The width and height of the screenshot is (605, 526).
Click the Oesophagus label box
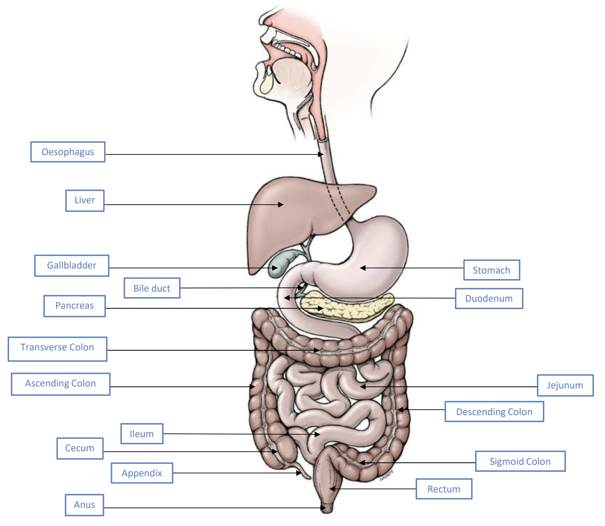(68, 152)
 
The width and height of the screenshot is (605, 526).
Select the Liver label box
(85, 201)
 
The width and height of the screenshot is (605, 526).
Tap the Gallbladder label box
(72, 266)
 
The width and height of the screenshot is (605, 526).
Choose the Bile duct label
(152, 288)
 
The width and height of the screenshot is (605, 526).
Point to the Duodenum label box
(489, 299)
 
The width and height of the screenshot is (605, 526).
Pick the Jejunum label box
(565, 385)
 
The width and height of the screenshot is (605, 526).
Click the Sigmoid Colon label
(520, 461)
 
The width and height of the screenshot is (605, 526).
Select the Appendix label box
(142, 473)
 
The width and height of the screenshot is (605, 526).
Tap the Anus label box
(84, 505)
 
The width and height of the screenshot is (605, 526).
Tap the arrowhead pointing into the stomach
(363, 268)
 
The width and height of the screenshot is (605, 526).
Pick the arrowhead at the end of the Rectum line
(332, 489)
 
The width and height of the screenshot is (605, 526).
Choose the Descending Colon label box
(494, 412)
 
